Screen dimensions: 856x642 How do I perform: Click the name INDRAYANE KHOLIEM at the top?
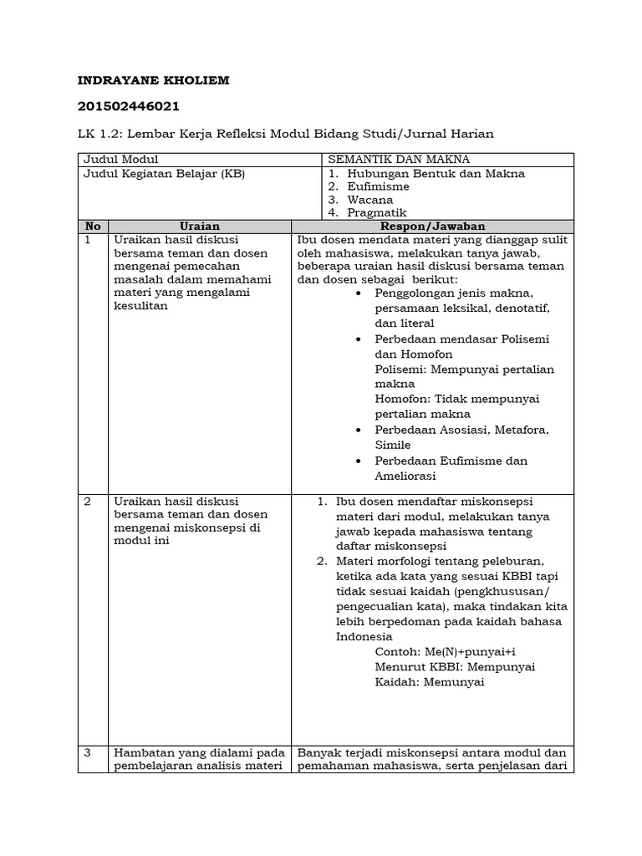pyautogui.click(x=153, y=80)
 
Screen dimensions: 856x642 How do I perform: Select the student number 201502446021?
pyautogui.click(x=128, y=106)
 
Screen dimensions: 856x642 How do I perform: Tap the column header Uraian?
pyautogui.click(x=200, y=227)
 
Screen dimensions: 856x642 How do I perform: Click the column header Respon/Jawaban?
pyautogui.click(x=433, y=227)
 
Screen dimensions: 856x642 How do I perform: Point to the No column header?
pyautogui.click(x=93, y=227)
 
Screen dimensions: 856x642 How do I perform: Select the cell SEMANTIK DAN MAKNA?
pyautogui.click(x=399, y=159)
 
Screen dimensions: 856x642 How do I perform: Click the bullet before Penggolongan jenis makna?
pyautogui.click(x=359, y=294)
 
